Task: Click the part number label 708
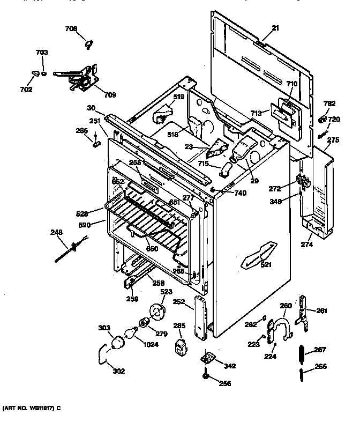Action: [x=71, y=28]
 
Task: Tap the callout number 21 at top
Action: [x=276, y=27]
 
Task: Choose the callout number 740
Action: [x=241, y=193]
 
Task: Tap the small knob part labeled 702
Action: [x=36, y=72]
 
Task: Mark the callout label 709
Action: [x=110, y=95]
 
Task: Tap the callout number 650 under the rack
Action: [x=153, y=248]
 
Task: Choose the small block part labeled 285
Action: [x=181, y=345]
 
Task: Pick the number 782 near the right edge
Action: [x=329, y=104]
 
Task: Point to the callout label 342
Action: [x=229, y=366]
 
